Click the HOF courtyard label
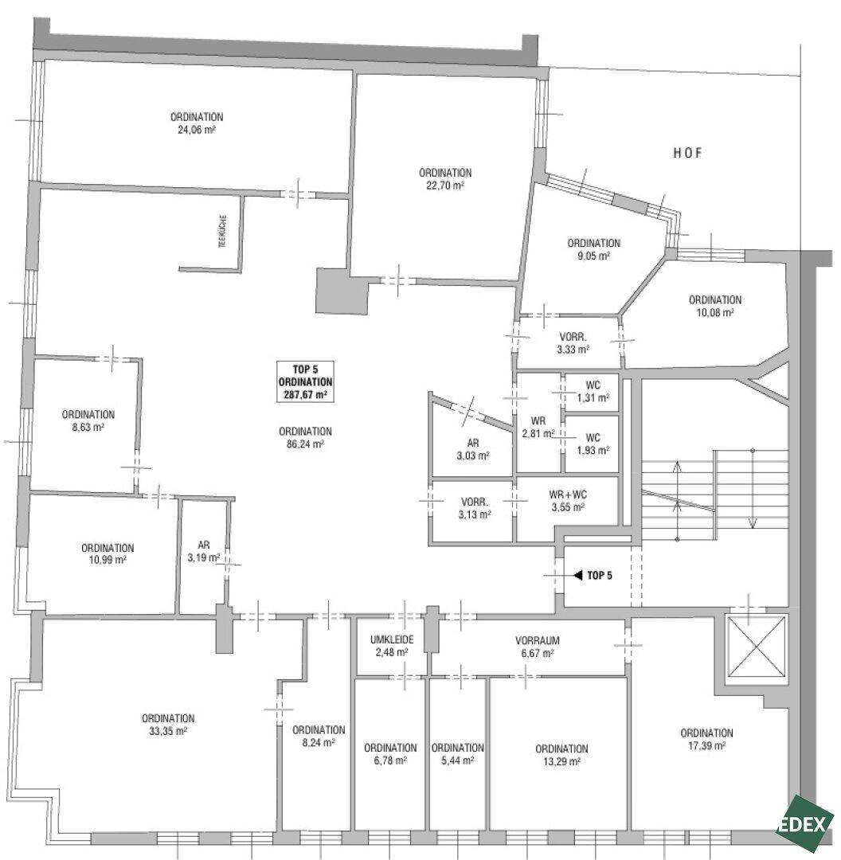pyautogui.click(x=687, y=153)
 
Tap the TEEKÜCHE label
pyautogui.click(x=223, y=232)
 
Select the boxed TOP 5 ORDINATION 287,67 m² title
pyautogui.click(x=306, y=381)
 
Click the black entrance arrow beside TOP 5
pyautogui.click(x=577, y=576)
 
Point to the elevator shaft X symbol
pyautogui.click(x=756, y=647)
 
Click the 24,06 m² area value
pyautogui.click(x=197, y=130)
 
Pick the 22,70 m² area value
pyautogui.click(x=445, y=186)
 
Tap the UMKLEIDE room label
pyautogui.click(x=392, y=640)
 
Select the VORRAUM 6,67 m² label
pyautogui.click(x=538, y=647)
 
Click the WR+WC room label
pyautogui.click(x=568, y=494)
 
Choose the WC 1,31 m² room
pyautogui.click(x=593, y=392)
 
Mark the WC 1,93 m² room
pyautogui.click(x=593, y=444)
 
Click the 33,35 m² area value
pyautogui.click(x=168, y=731)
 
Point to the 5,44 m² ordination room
pyautogui.click(x=457, y=754)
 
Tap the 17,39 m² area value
pyautogui.click(x=707, y=746)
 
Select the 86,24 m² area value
pyautogui.click(x=305, y=444)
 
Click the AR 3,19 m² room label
pyautogui.click(x=204, y=551)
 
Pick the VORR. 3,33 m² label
pyautogui.click(x=573, y=343)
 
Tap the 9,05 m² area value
pyautogui.click(x=594, y=256)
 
